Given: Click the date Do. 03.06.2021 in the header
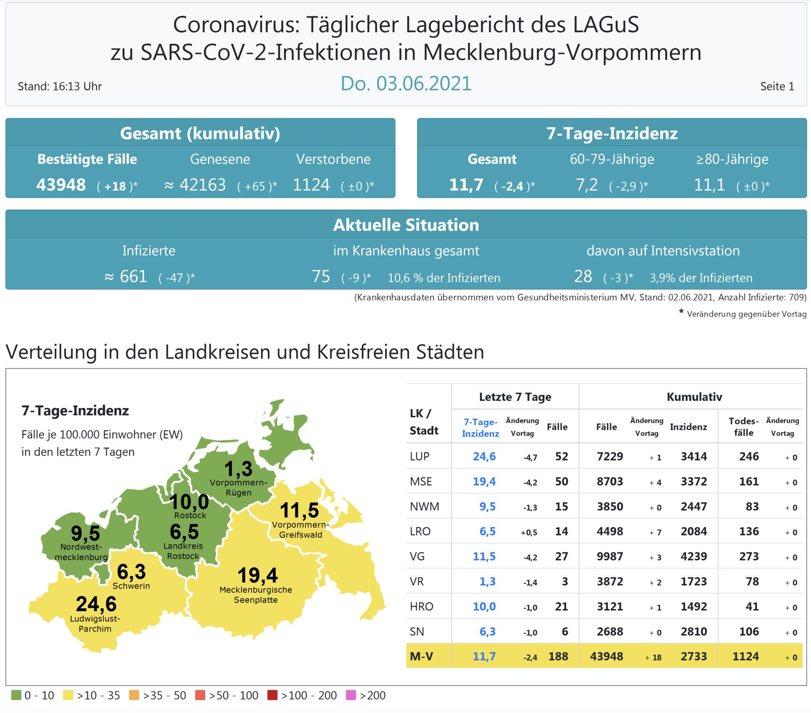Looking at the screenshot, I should coord(405,83).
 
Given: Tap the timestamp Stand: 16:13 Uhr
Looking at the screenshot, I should coord(60,86).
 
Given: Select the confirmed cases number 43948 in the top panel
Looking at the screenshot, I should coord(61,185).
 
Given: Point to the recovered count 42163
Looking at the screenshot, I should coord(202,185).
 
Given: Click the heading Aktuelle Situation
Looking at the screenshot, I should coord(405,225).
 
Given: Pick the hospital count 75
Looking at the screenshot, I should coord(321,276).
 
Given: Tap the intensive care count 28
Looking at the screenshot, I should coord(583,276).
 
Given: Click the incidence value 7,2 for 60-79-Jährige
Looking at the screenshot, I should coord(587,185).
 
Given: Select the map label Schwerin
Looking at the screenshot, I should coord(131,586).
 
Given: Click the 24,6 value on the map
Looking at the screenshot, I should coord(96,604).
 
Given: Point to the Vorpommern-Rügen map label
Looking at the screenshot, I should coord(238,488).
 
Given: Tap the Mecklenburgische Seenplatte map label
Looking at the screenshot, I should coord(256,595).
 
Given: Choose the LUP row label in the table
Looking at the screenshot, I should coord(419,456).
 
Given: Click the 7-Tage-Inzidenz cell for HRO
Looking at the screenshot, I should coord(484,607).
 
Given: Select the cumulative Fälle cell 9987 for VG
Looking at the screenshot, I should coord(610,556).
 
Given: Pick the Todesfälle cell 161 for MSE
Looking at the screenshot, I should coord(749,481).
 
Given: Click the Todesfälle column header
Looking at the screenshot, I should coord(743,427).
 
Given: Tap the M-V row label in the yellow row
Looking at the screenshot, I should coord(421,657).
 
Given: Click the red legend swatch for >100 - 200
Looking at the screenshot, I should coord(272,695).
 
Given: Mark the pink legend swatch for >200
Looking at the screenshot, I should coord(351,695).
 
